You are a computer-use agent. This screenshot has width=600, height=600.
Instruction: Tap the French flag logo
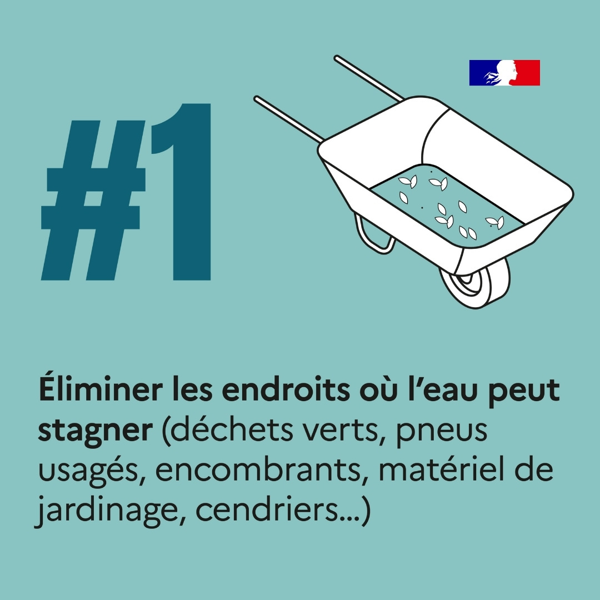504,73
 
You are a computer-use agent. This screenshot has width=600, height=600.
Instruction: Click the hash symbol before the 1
93,200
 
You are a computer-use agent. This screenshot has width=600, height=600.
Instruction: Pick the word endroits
286,389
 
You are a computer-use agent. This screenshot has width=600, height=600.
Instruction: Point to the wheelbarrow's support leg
373,235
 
